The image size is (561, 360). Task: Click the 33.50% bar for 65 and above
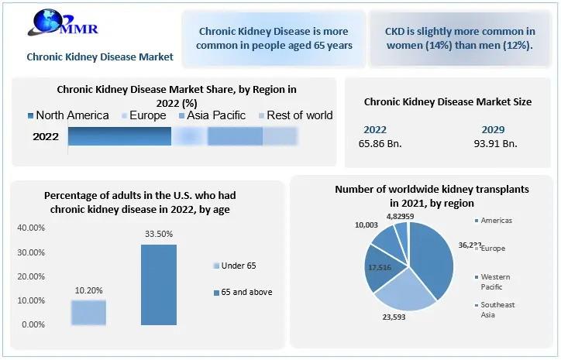pyautogui.click(x=158, y=284)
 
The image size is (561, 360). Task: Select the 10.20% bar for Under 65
pyautogui.click(x=88, y=312)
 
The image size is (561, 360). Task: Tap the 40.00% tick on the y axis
pyautogui.click(x=30, y=228)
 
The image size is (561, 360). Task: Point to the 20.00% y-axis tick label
pyautogui.click(x=30, y=276)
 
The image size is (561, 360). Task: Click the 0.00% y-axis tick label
pyautogui.click(x=33, y=324)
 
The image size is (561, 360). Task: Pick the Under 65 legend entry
pyautogui.click(x=236, y=266)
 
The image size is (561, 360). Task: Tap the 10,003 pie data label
pyautogui.click(x=367, y=225)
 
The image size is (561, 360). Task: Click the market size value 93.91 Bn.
pyautogui.click(x=495, y=142)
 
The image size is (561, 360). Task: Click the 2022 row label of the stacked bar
pyautogui.click(x=46, y=136)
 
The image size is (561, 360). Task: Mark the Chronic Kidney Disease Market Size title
pyautogui.click(x=447, y=101)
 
